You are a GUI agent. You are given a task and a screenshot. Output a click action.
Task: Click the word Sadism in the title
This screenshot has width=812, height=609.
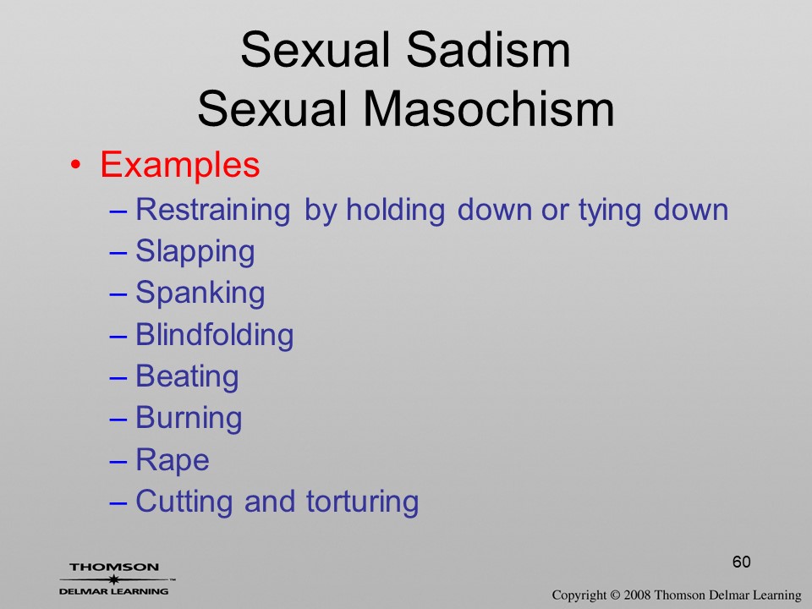488,50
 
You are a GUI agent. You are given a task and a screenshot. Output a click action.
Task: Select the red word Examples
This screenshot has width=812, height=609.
179,166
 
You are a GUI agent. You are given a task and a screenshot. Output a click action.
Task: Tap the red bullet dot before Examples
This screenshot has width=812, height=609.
75,165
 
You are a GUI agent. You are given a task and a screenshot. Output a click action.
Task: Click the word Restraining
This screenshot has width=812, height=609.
213,211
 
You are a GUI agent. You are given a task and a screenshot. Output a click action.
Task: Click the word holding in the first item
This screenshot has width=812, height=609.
395,211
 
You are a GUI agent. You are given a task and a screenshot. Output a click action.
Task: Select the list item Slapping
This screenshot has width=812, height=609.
195,252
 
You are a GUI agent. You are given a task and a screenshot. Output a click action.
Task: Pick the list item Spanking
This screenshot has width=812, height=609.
200,294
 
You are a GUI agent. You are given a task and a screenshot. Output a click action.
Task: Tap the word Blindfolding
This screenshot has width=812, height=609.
214,335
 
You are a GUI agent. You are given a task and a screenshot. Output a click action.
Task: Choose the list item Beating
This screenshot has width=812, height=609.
187,376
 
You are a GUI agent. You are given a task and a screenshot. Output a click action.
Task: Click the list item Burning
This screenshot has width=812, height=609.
189,418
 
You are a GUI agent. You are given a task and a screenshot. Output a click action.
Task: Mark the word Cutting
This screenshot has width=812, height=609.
184,502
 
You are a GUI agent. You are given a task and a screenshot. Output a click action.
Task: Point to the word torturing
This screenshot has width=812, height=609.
363,502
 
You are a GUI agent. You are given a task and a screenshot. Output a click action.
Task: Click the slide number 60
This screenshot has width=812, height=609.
742,562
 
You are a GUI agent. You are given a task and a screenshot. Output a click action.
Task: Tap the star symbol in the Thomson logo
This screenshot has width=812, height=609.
113,579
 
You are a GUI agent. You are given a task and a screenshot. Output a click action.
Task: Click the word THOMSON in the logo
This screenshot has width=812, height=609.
114,567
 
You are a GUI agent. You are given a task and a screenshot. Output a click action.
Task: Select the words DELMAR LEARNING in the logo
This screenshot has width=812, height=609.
113,591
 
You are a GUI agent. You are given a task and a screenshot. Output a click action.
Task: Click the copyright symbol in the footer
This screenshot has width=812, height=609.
615,595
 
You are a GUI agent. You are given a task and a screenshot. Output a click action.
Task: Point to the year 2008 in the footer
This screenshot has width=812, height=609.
636,595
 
